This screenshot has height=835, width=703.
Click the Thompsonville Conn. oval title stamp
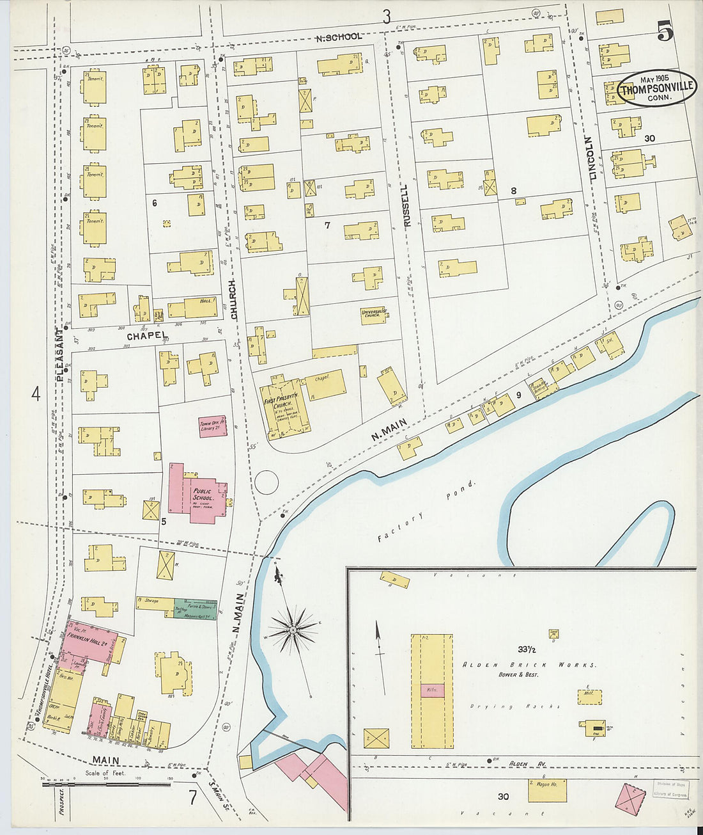point(658,88)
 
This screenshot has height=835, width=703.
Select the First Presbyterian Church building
point(285,407)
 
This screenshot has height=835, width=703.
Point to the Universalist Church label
point(373,313)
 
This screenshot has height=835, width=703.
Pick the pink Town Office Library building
point(212,425)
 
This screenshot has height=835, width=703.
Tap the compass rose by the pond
point(293,630)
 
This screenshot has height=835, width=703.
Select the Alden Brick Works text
point(529,665)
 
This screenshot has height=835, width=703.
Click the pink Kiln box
point(431,690)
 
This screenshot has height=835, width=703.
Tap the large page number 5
point(665,31)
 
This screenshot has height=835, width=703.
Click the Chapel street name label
point(146,336)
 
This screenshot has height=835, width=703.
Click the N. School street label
point(339,37)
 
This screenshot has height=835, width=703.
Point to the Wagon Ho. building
point(547,790)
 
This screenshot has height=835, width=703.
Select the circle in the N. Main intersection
point(267,482)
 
